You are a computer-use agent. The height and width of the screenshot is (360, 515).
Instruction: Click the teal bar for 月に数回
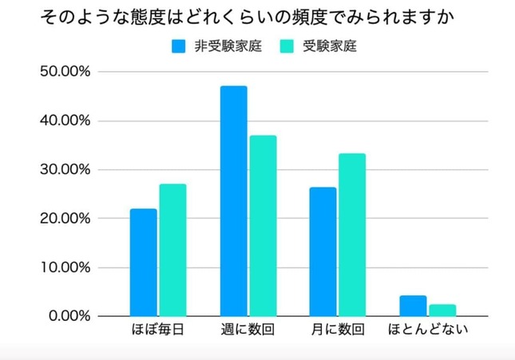coord(352,235)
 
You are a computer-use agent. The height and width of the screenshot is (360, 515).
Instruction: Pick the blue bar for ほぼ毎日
coord(144,263)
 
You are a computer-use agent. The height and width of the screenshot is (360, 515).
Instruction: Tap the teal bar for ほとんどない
coord(442,311)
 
